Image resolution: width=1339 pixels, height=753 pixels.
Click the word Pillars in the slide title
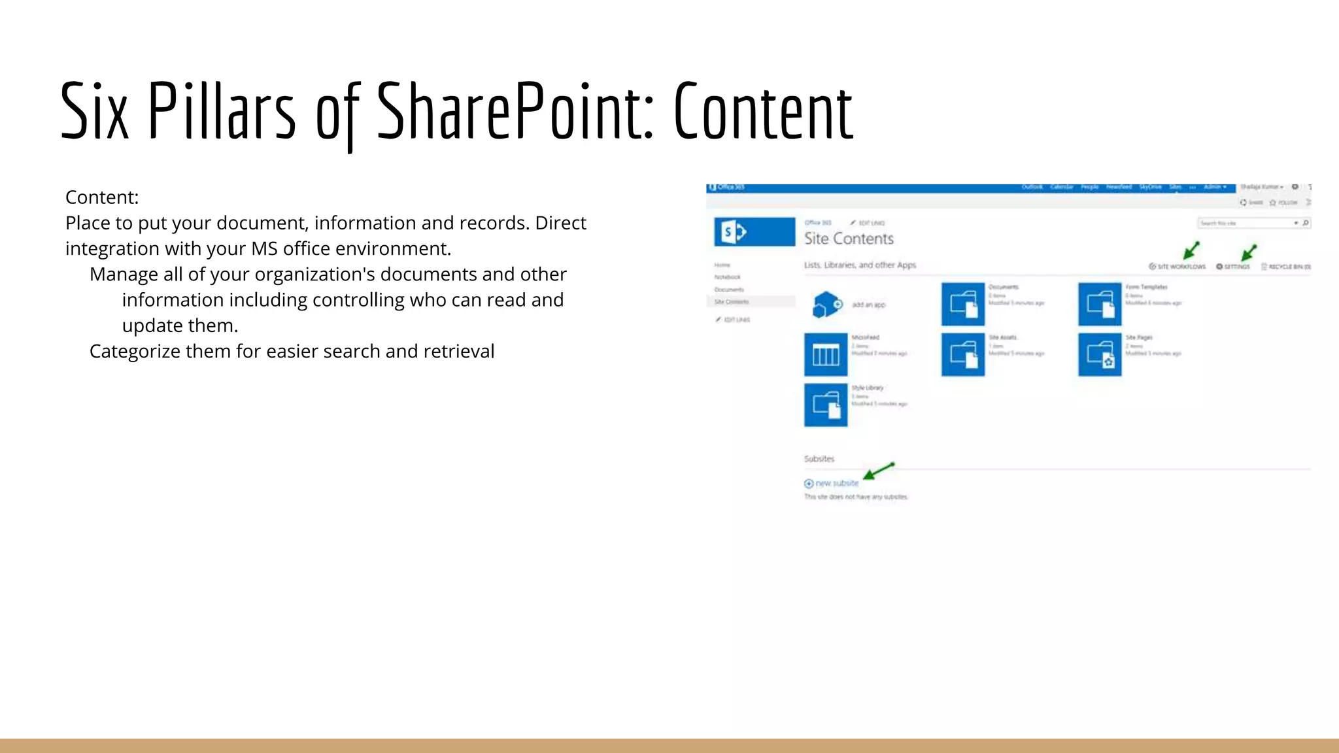tap(222, 111)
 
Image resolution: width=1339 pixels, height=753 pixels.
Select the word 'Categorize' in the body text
tap(135, 351)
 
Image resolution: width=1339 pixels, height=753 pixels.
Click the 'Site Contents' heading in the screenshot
tap(849, 239)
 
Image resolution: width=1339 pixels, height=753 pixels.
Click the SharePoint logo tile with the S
tap(754, 232)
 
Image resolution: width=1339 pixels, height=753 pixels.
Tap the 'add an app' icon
tap(827, 305)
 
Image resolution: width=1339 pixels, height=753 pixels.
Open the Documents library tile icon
tap(963, 304)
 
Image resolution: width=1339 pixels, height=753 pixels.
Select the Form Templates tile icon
tap(1100, 304)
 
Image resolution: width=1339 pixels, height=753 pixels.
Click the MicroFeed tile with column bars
tap(826, 355)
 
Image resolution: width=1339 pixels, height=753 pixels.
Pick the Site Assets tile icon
tap(963, 355)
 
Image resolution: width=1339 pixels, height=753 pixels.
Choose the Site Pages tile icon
tap(1100, 355)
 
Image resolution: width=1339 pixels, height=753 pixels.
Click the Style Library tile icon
tap(826, 405)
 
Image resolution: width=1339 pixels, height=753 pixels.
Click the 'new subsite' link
tap(836, 483)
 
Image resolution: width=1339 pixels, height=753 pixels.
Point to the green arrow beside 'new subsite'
tap(878, 471)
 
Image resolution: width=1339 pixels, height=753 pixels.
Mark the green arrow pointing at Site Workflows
tap(1191, 250)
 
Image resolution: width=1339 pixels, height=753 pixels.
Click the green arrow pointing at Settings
tap(1249, 252)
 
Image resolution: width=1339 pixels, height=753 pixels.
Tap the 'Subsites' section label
tap(819, 459)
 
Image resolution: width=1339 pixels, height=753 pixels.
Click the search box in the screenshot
tap(1246, 224)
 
